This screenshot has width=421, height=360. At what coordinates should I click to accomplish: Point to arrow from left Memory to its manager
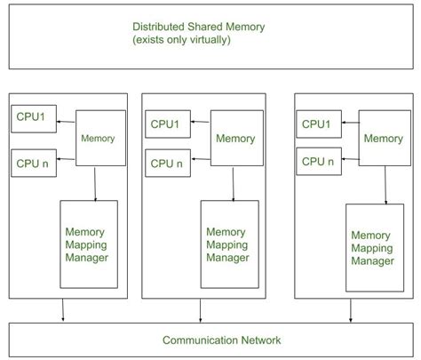(x=95, y=182)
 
